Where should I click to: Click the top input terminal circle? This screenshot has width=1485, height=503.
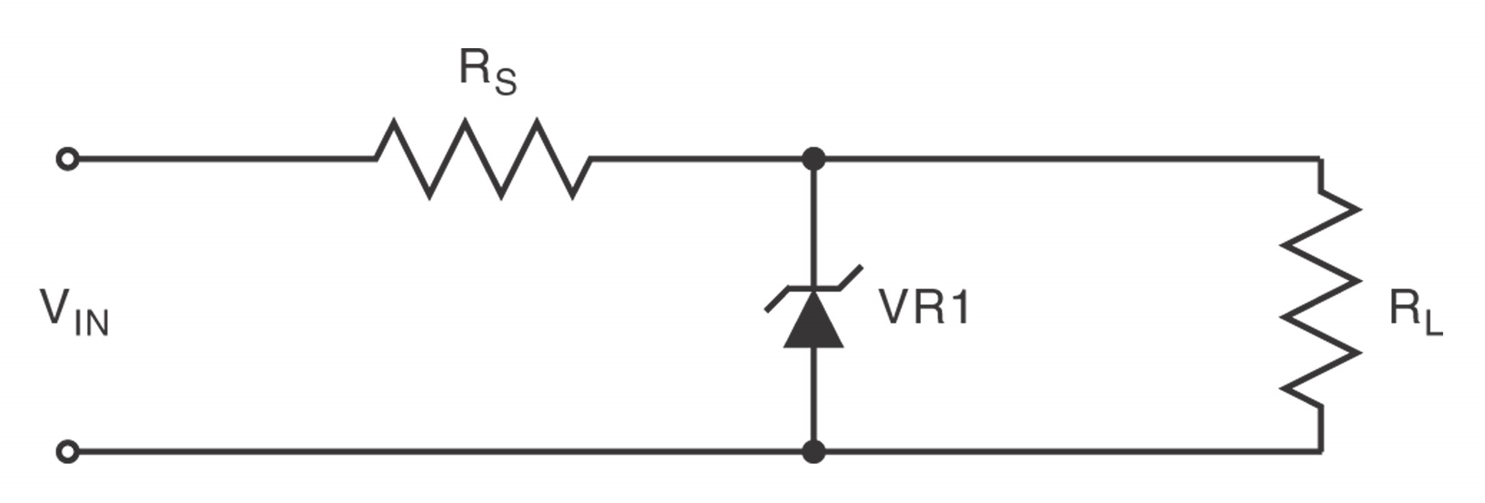[x=68, y=159]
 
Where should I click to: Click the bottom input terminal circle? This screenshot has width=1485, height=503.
[x=68, y=451]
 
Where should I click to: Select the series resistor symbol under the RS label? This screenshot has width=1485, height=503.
[x=483, y=159]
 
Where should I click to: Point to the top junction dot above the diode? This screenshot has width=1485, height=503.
[x=813, y=159]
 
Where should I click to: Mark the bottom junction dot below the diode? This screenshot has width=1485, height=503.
[x=813, y=451]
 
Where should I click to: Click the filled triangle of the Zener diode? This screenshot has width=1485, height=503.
[x=813, y=322]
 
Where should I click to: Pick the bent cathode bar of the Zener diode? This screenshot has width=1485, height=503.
[x=813, y=289]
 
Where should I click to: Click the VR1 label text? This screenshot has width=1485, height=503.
[x=924, y=307]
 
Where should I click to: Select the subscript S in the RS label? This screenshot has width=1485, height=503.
[x=505, y=82]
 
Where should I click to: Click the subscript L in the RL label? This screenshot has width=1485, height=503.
[x=1433, y=323]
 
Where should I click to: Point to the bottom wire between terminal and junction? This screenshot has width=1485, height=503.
[x=438, y=451]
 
